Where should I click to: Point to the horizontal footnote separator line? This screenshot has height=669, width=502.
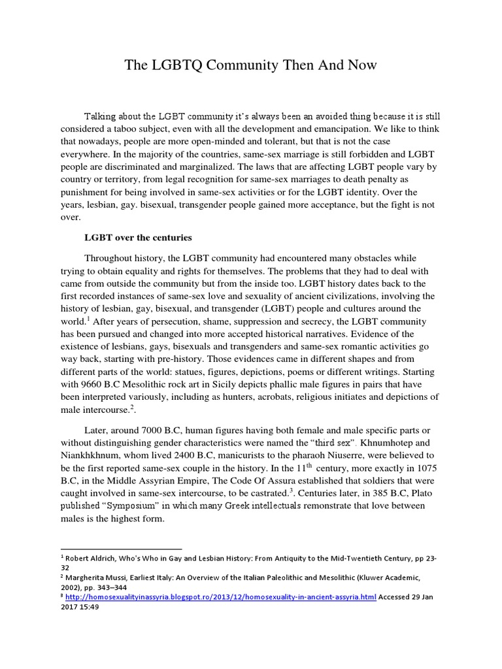pyautogui.click(x=121, y=549)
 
